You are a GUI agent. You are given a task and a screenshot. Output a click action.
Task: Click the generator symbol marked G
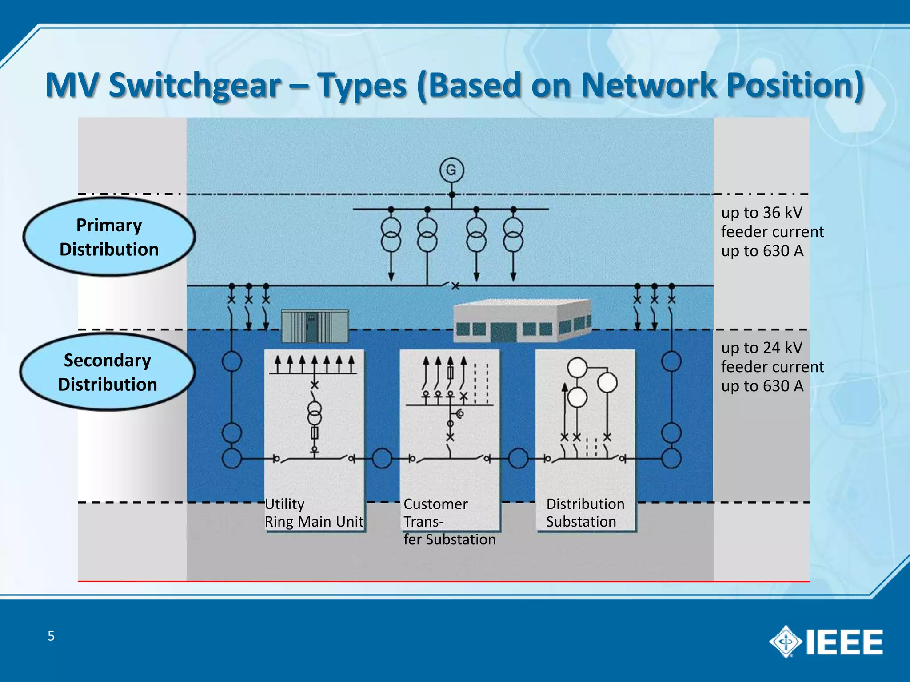click(451, 170)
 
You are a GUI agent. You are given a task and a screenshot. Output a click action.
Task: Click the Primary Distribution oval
click(109, 237)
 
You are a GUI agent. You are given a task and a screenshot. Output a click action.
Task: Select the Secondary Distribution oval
click(108, 372)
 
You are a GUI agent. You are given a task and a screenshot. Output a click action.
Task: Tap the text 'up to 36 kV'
click(762, 213)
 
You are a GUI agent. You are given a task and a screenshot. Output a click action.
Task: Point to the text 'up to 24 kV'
click(762, 348)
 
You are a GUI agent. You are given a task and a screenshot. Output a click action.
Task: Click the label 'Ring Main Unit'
click(314, 522)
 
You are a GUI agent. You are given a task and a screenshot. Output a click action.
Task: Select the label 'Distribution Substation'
click(585, 513)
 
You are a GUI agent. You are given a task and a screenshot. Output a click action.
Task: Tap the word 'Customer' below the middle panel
click(435, 504)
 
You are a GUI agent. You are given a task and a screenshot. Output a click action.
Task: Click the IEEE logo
click(826, 642)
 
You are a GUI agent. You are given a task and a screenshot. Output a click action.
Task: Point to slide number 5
click(51, 636)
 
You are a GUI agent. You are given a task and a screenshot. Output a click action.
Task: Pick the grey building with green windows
click(522, 321)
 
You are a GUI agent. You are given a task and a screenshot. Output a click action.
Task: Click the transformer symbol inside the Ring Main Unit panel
click(315, 413)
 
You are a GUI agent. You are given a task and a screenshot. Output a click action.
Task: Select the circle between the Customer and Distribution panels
click(518, 458)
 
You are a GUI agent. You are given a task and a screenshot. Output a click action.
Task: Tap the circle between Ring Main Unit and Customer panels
click(382, 458)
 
